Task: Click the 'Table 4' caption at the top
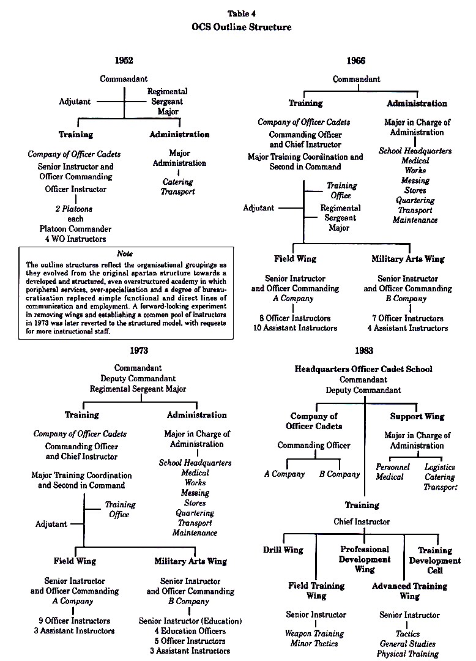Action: [242, 13]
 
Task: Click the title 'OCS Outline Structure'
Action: [242, 27]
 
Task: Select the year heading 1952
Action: [124, 60]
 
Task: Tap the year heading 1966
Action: [356, 61]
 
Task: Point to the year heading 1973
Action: [139, 350]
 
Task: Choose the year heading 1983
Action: [364, 350]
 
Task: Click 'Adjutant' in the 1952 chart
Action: [75, 102]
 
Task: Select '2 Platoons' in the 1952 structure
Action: [73, 209]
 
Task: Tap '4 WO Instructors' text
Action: [76, 239]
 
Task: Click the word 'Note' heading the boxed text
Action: [125, 254]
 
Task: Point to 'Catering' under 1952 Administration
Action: [178, 182]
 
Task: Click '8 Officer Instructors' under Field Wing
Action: [295, 318]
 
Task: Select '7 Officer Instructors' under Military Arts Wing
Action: [407, 318]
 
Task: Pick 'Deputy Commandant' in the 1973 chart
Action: [138, 379]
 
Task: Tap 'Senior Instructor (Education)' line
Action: [190, 621]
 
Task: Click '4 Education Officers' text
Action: [190, 631]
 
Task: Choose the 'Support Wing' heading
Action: [417, 417]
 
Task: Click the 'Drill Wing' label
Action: [283, 550]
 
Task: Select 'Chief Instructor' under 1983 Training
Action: [362, 522]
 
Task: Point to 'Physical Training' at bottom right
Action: [407, 654]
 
